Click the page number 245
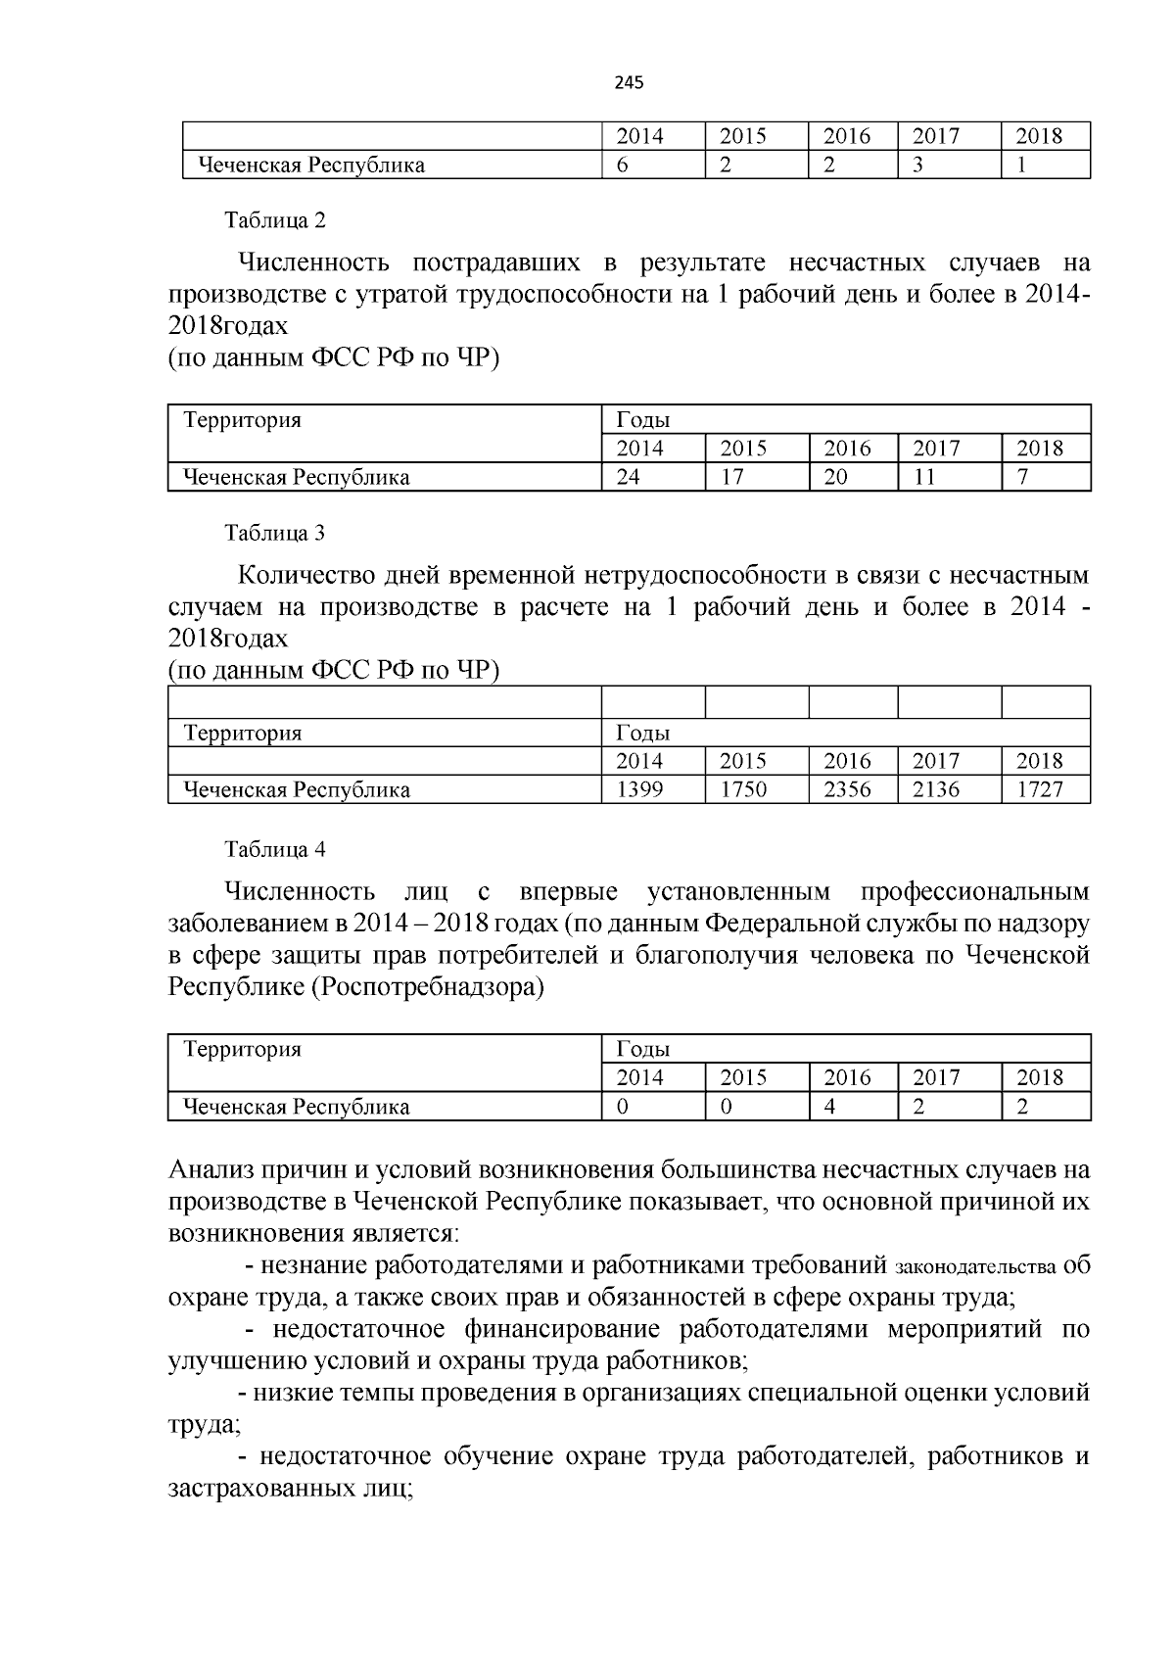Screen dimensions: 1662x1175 point(630,83)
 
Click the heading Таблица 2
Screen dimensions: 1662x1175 point(275,220)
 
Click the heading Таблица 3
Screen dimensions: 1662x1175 point(275,534)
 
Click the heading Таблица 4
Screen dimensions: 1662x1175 point(275,850)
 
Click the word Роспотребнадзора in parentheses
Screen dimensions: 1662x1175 point(427,987)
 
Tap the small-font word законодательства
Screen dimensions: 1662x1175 point(975,1267)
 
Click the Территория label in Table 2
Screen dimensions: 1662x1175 point(243,421)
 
